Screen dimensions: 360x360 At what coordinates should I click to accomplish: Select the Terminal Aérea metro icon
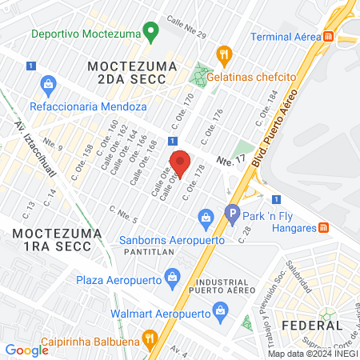coord(328,37)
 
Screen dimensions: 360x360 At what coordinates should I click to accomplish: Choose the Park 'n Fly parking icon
coord(233,214)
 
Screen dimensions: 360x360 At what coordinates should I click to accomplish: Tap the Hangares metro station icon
coord(323,227)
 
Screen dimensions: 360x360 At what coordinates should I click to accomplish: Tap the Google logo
coord(27,350)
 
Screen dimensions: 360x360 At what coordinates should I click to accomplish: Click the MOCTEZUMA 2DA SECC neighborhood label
coord(127,71)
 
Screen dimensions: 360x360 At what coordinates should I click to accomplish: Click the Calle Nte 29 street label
coord(186,28)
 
